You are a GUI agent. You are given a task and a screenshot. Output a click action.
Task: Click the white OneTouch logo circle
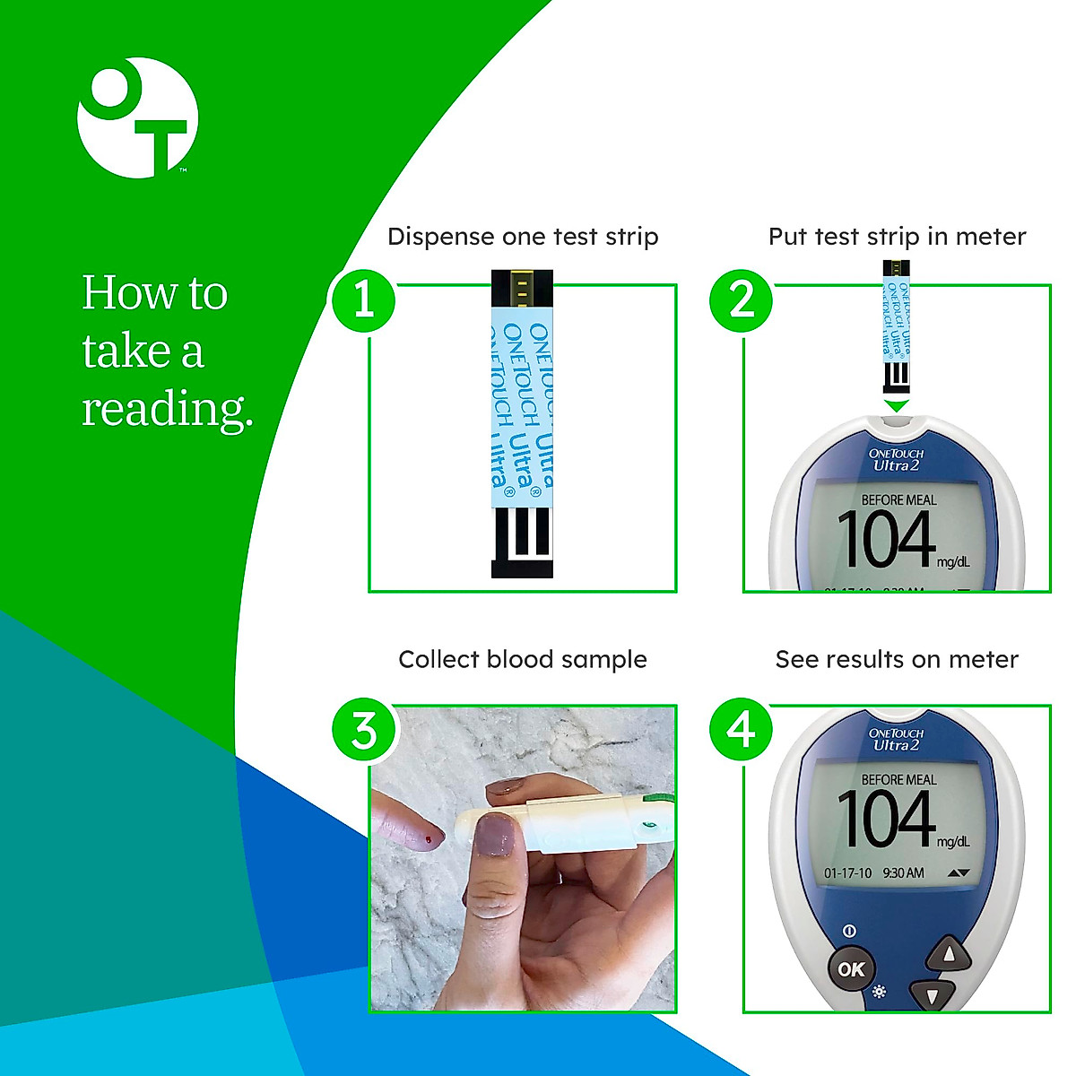tap(137, 117)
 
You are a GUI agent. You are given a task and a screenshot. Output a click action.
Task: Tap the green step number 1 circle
tap(363, 299)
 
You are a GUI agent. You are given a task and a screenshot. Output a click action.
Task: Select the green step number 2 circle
tap(742, 299)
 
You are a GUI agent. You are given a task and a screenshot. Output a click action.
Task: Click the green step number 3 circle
tap(363, 730)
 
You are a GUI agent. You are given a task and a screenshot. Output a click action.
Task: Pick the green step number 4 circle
tap(742, 730)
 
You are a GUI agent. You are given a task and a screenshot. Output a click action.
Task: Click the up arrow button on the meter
tap(949, 953)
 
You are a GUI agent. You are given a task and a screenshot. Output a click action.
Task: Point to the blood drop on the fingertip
tap(429, 840)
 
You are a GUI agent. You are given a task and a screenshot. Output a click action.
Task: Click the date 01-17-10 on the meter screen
tap(847, 873)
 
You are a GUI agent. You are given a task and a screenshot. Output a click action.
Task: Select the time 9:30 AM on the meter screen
tap(903, 873)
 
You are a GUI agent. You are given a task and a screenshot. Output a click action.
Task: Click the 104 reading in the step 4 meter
tap(886, 819)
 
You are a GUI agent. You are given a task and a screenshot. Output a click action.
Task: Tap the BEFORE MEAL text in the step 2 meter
tap(898, 500)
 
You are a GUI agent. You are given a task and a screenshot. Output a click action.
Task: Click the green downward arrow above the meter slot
tap(897, 406)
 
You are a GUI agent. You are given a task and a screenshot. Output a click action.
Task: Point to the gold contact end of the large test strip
tap(522, 290)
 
